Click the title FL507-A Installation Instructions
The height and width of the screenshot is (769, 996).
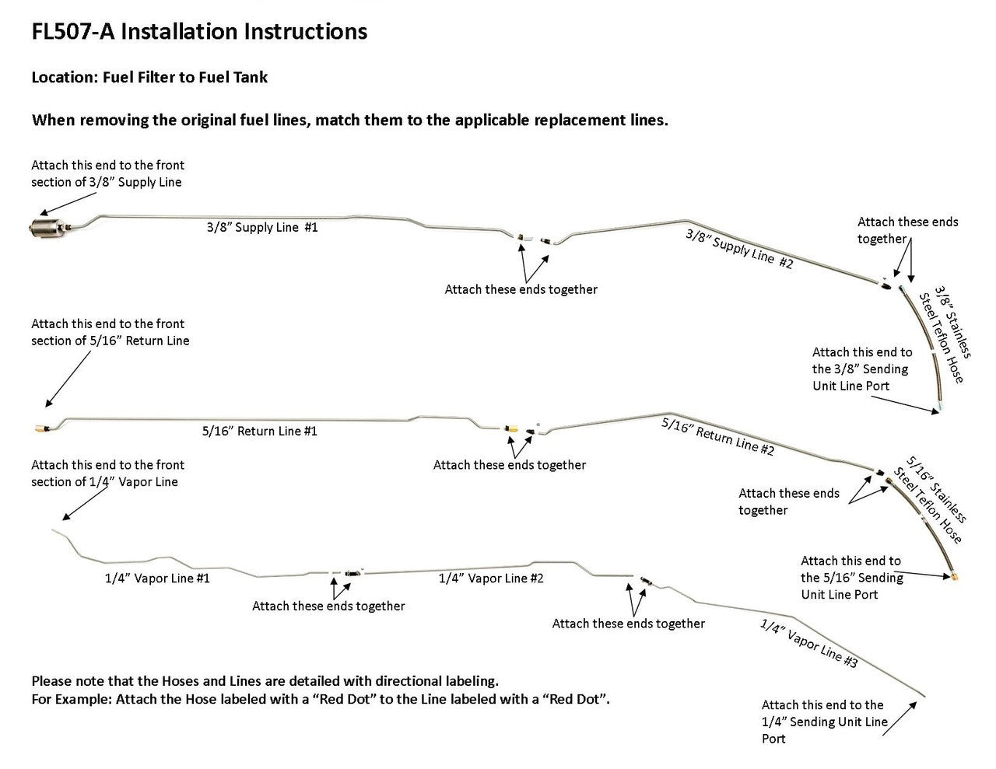tap(199, 32)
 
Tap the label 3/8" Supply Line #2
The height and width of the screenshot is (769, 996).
tap(739, 248)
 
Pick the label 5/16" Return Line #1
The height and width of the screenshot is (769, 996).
tap(260, 431)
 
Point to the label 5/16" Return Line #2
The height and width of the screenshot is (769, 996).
tap(717, 437)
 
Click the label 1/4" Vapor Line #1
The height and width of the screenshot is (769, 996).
tap(158, 578)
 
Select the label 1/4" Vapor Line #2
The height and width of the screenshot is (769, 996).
tap(491, 578)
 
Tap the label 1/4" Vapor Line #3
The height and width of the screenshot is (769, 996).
tap(808, 645)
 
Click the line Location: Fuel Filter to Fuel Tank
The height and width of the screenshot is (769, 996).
tap(149, 77)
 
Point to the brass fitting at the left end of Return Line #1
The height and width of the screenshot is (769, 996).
tap(38, 428)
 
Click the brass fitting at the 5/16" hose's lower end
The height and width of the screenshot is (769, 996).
tap(953, 577)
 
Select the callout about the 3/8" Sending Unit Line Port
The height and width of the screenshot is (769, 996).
tap(862, 369)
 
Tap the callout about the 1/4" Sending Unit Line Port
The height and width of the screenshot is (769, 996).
tap(824, 722)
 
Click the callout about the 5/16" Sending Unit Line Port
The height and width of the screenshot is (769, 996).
tap(851, 578)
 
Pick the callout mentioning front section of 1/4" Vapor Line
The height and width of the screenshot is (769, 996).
tap(108, 474)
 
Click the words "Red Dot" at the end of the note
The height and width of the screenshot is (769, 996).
tap(576, 698)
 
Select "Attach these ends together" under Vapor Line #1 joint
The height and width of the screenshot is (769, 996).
tap(328, 606)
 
